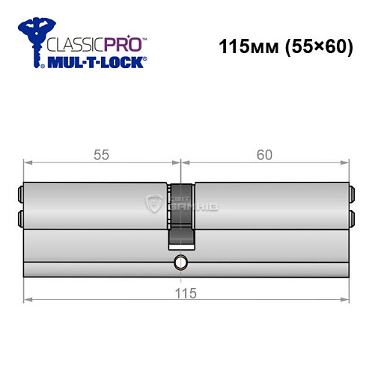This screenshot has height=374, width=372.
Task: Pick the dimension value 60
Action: point(264,155)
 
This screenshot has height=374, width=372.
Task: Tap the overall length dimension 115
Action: point(186,293)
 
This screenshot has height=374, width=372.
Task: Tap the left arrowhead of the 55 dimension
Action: point(28,162)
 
